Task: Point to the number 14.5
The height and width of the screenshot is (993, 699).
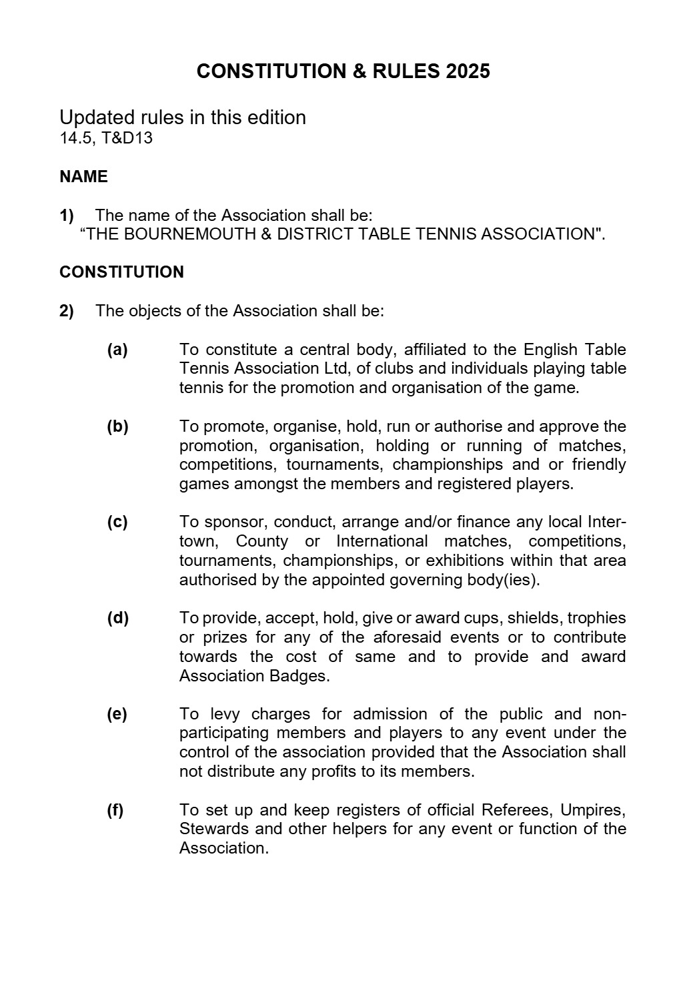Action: tap(77, 139)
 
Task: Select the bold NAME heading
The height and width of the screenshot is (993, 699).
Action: tap(83, 177)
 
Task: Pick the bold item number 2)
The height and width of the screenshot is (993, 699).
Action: tap(67, 311)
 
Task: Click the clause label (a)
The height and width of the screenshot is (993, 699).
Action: tap(117, 350)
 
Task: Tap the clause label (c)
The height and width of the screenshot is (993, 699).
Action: tap(117, 522)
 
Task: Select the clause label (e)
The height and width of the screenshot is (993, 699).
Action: tap(117, 714)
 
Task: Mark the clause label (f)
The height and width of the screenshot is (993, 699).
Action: tap(115, 810)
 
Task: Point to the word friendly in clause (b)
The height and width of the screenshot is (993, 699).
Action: tap(599, 464)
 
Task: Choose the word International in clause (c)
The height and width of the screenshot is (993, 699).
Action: tap(382, 541)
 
